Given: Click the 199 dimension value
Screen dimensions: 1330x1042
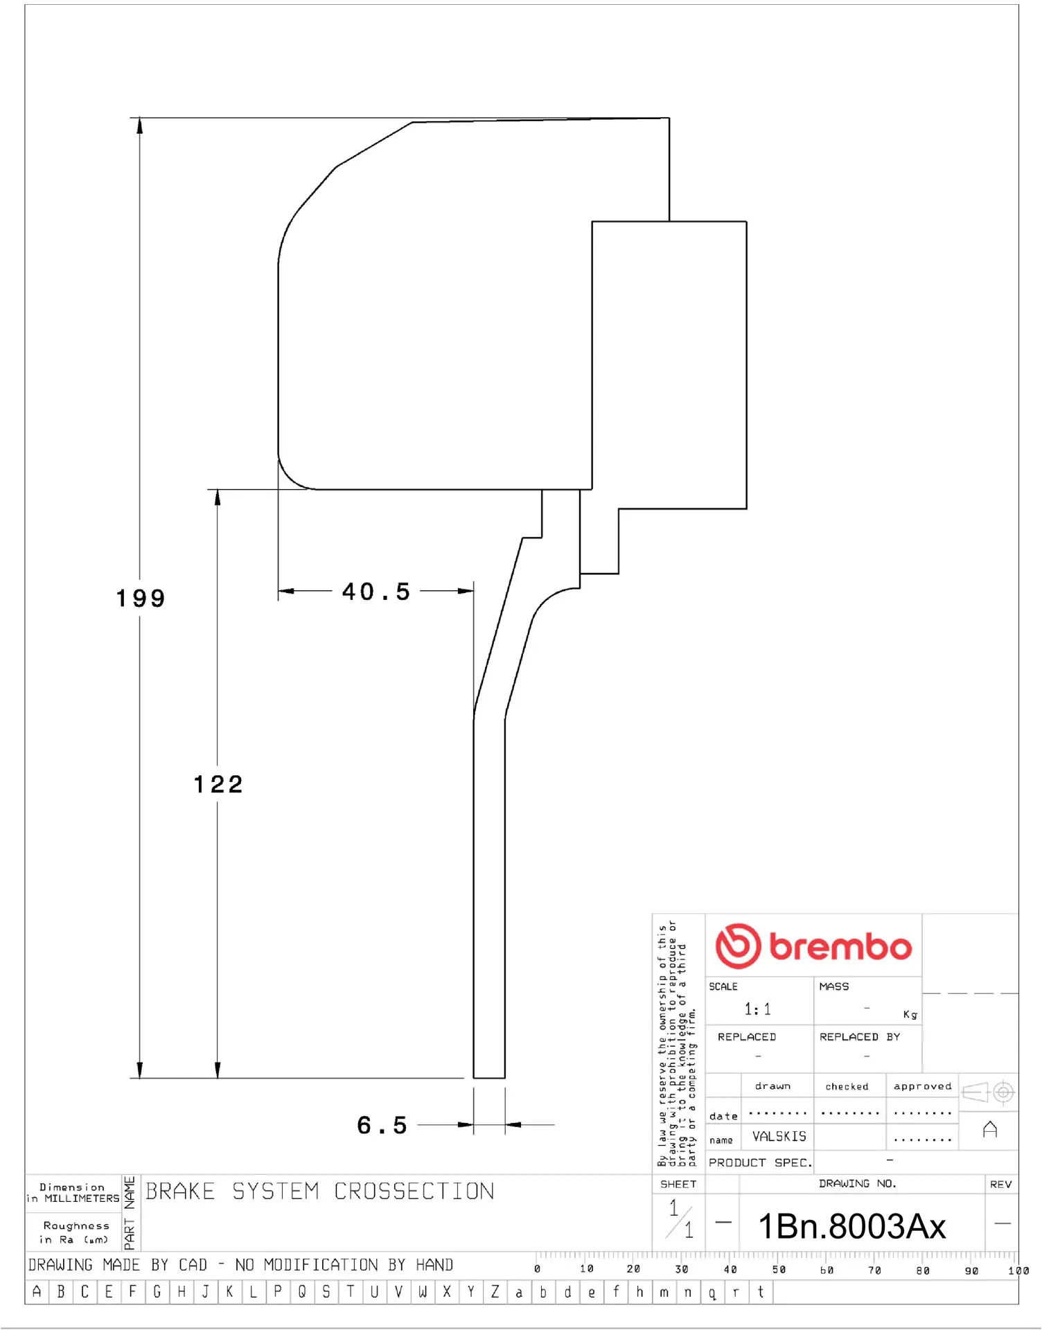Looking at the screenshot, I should click(x=141, y=598).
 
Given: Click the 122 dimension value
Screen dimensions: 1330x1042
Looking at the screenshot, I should click(x=218, y=785).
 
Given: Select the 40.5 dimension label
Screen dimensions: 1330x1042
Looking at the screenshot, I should click(x=376, y=592).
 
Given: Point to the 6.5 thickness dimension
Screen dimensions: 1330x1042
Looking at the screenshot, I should click(x=382, y=1126).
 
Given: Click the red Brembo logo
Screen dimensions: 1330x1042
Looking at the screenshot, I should click(x=813, y=946).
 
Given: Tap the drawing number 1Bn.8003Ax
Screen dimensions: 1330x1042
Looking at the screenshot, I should click(x=851, y=1227).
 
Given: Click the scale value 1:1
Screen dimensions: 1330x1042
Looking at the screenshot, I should click(x=757, y=1009).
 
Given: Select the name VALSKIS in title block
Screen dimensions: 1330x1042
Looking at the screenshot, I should click(x=779, y=1137).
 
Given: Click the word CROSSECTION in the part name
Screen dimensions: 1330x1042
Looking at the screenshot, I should click(x=414, y=1192).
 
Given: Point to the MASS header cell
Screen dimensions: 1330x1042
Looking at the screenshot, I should click(x=833, y=986).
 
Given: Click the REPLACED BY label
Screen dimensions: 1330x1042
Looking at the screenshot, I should click(x=859, y=1037).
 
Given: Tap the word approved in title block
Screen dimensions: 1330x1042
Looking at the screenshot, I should click(x=922, y=1086).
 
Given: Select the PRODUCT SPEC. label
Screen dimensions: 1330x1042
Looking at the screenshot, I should click(x=759, y=1163).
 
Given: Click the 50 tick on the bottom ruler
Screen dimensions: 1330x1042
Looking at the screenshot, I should click(x=779, y=1270).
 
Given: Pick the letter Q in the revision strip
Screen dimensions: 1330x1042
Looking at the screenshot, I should click(x=302, y=1293).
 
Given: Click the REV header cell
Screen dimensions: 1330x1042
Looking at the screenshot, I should click(x=1000, y=1185).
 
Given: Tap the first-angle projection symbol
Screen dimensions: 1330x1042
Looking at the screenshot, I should click(x=989, y=1092).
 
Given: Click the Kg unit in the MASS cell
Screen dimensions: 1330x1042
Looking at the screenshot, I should click(x=910, y=1015).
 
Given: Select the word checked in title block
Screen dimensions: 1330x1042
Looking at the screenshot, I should click(x=847, y=1087).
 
